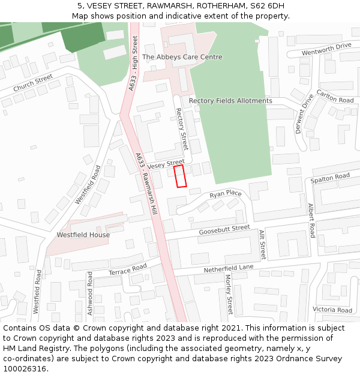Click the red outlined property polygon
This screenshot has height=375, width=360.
(x=180, y=176)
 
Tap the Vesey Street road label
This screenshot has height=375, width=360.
(x=166, y=164)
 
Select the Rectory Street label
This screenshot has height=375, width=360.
(x=182, y=129)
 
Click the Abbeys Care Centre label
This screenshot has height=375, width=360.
(x=182, y=57)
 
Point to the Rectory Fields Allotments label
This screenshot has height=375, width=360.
(x=230, y=101)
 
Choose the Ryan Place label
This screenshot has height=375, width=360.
(x=226, y=194)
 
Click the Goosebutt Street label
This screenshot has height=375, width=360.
(x=224, y=229)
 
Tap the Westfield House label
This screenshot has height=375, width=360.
(x=83, y=235)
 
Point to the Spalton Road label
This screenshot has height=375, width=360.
(x=330, y=178)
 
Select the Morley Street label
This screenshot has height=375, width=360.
(x=229, y=294)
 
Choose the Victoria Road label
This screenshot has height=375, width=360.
(x=332, y=310)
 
